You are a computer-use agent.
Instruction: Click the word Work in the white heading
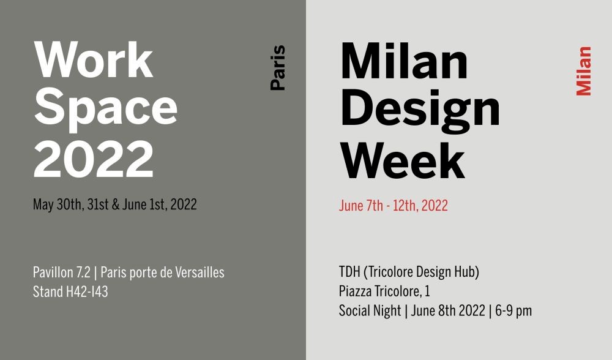click(x=93, y=60)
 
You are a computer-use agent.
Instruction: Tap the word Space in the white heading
click(x=106, y=110)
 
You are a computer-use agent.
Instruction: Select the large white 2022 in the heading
click(x=94, y=159)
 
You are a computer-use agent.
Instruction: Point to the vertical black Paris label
click(x=278, y=68)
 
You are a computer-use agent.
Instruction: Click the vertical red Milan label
click(x=584, y=71)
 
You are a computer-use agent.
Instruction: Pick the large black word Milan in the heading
click(x=405, y=61)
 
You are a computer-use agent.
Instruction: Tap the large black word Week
click(x=403, y=160)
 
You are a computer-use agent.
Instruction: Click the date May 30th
click(x=58, y=204)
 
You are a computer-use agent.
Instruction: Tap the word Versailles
click(x=200, y=272)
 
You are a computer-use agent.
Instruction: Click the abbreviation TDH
click(x=349, y=272)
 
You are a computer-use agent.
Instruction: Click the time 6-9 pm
click(x=513, y=311)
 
